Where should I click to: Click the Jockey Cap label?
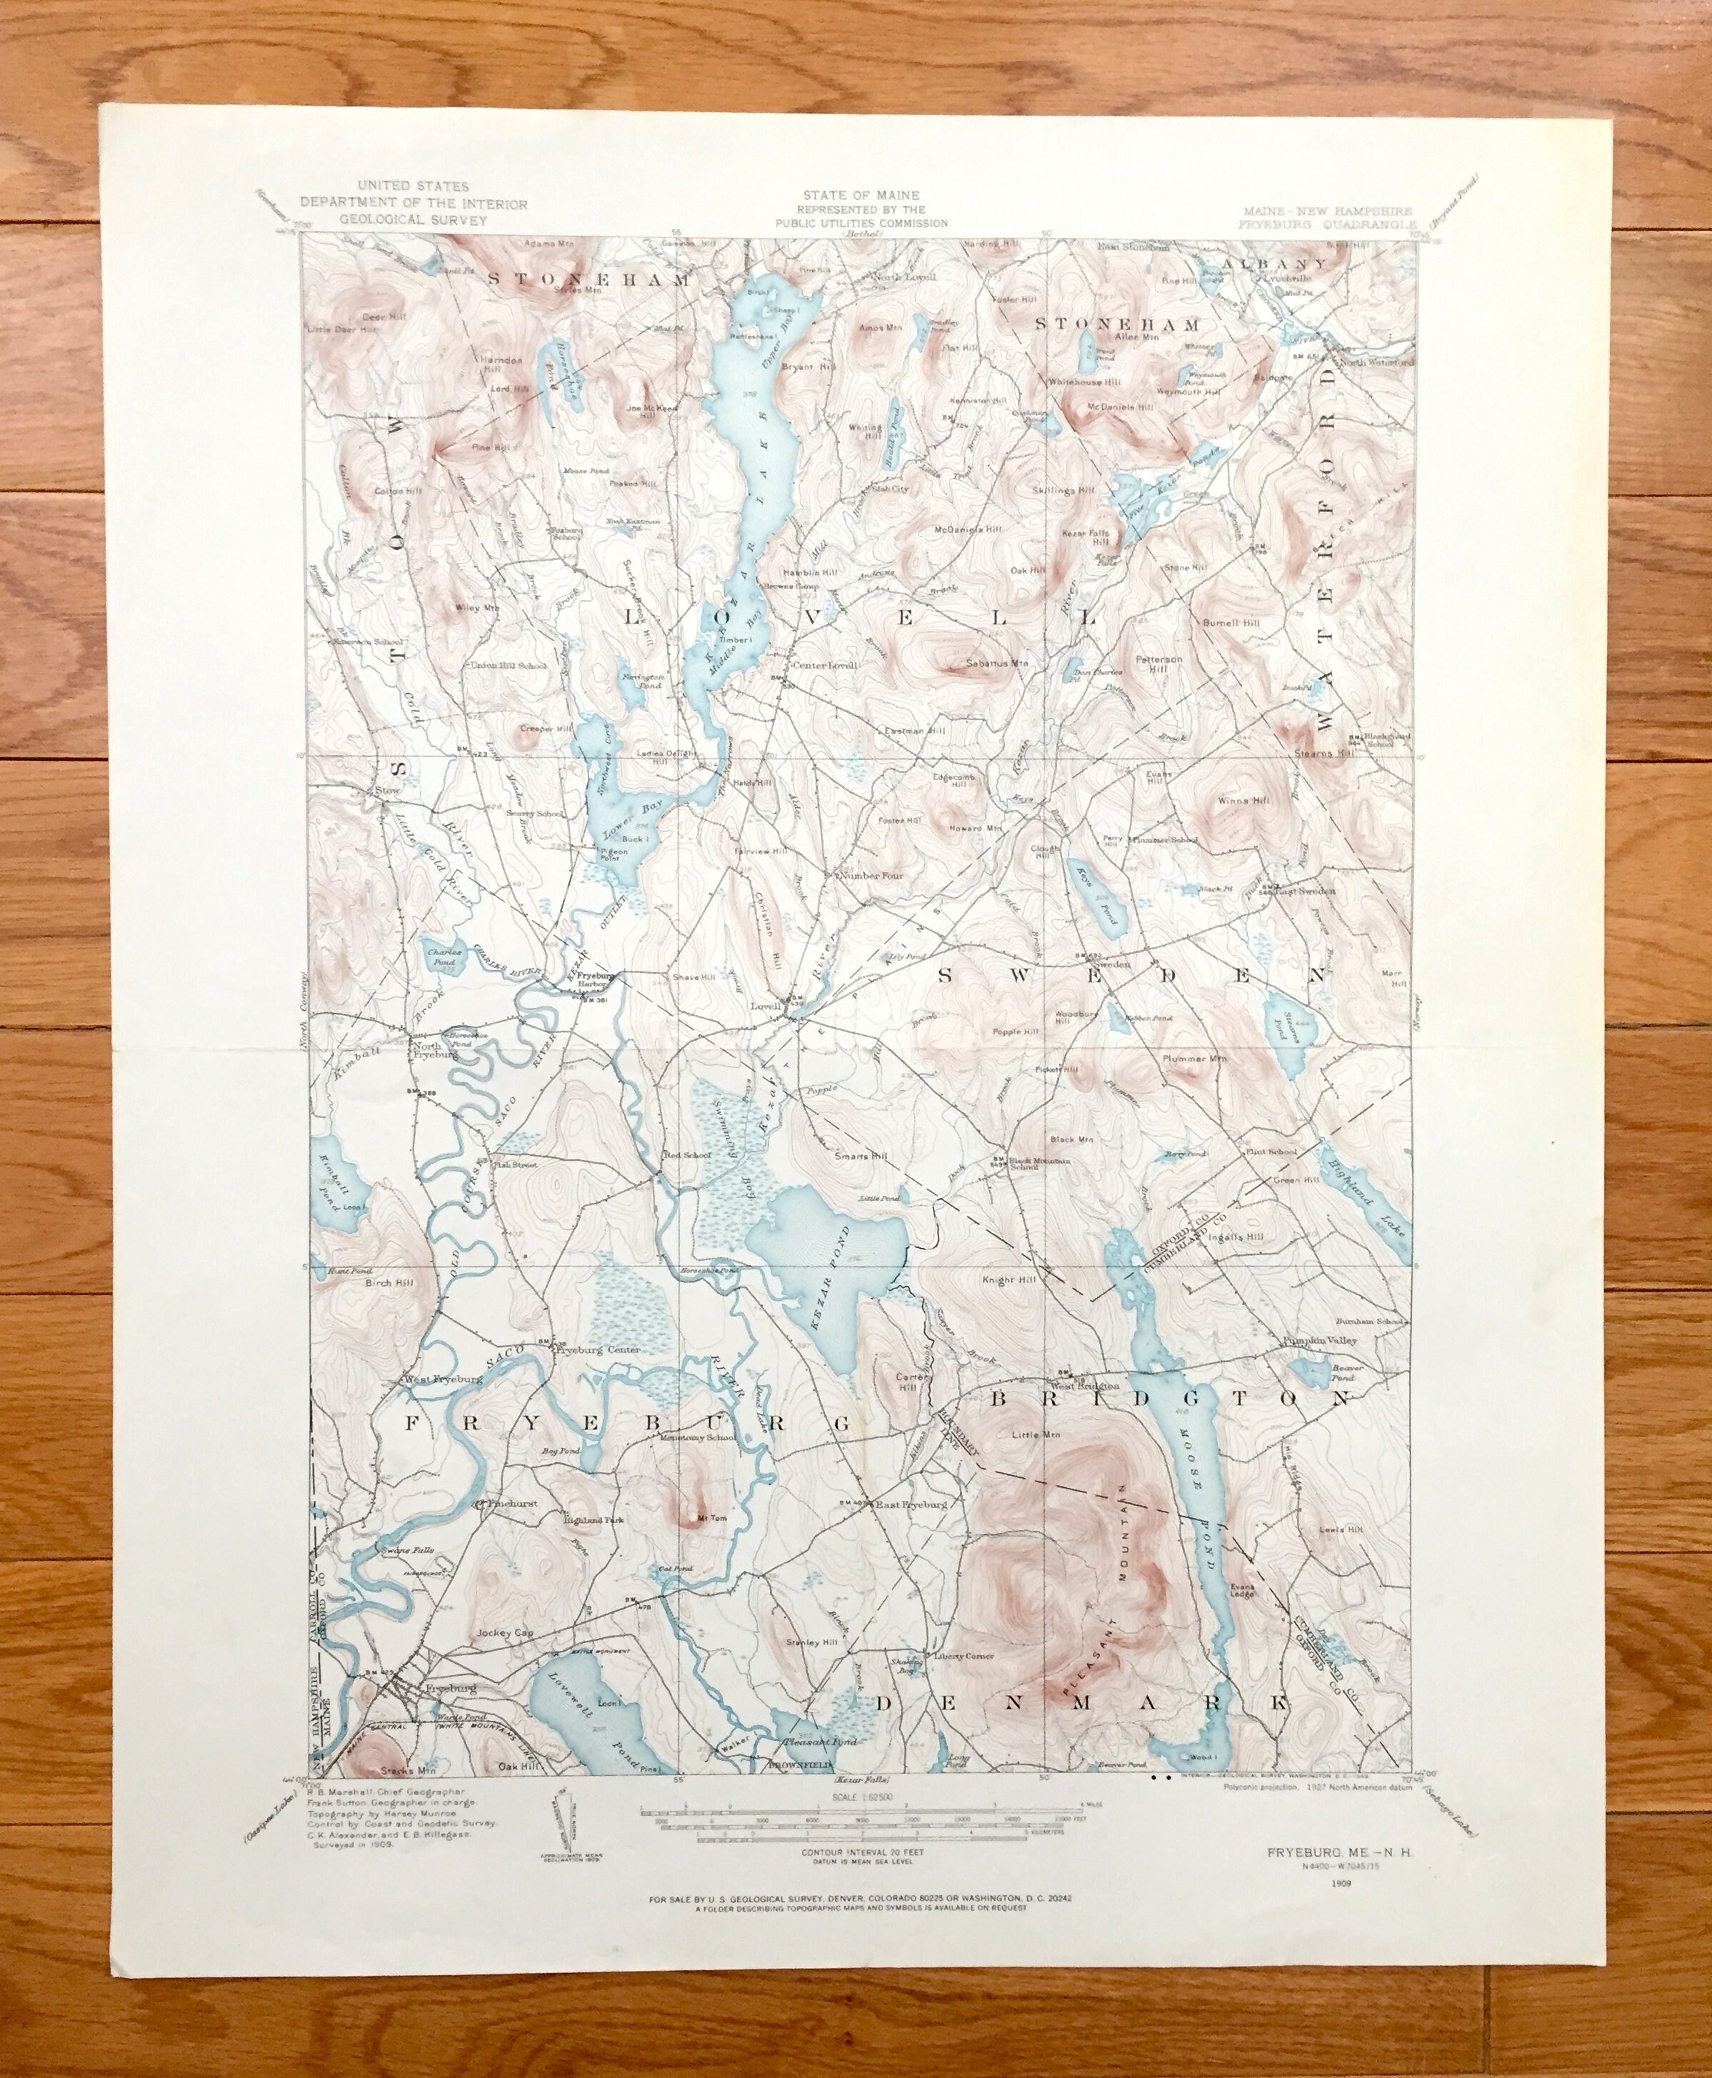click(x=504, y=1632)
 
